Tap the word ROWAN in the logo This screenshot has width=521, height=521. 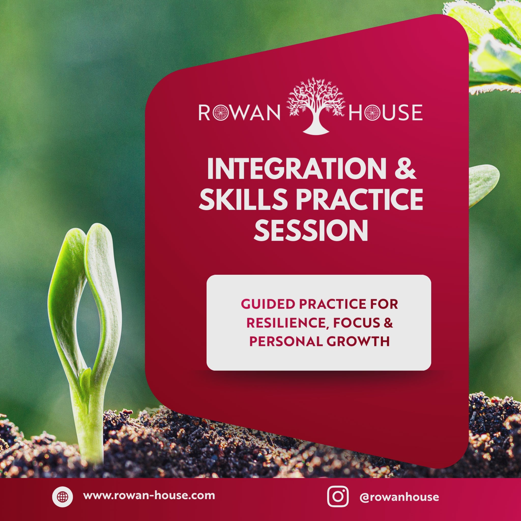click(239, 112)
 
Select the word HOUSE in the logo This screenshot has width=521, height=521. click(385, 112)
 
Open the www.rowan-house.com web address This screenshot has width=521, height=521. click(149, 496)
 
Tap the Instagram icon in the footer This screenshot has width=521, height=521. click(338, 497)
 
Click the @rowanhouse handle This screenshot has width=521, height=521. click(399, 497)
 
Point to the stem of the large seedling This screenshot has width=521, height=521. click(93, 421)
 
